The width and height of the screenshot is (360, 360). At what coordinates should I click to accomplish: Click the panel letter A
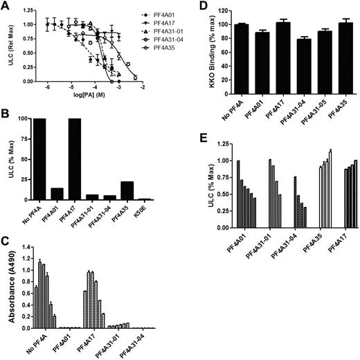pos(6,6)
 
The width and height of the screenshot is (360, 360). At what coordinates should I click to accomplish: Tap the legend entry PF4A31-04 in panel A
pos(153,43)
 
